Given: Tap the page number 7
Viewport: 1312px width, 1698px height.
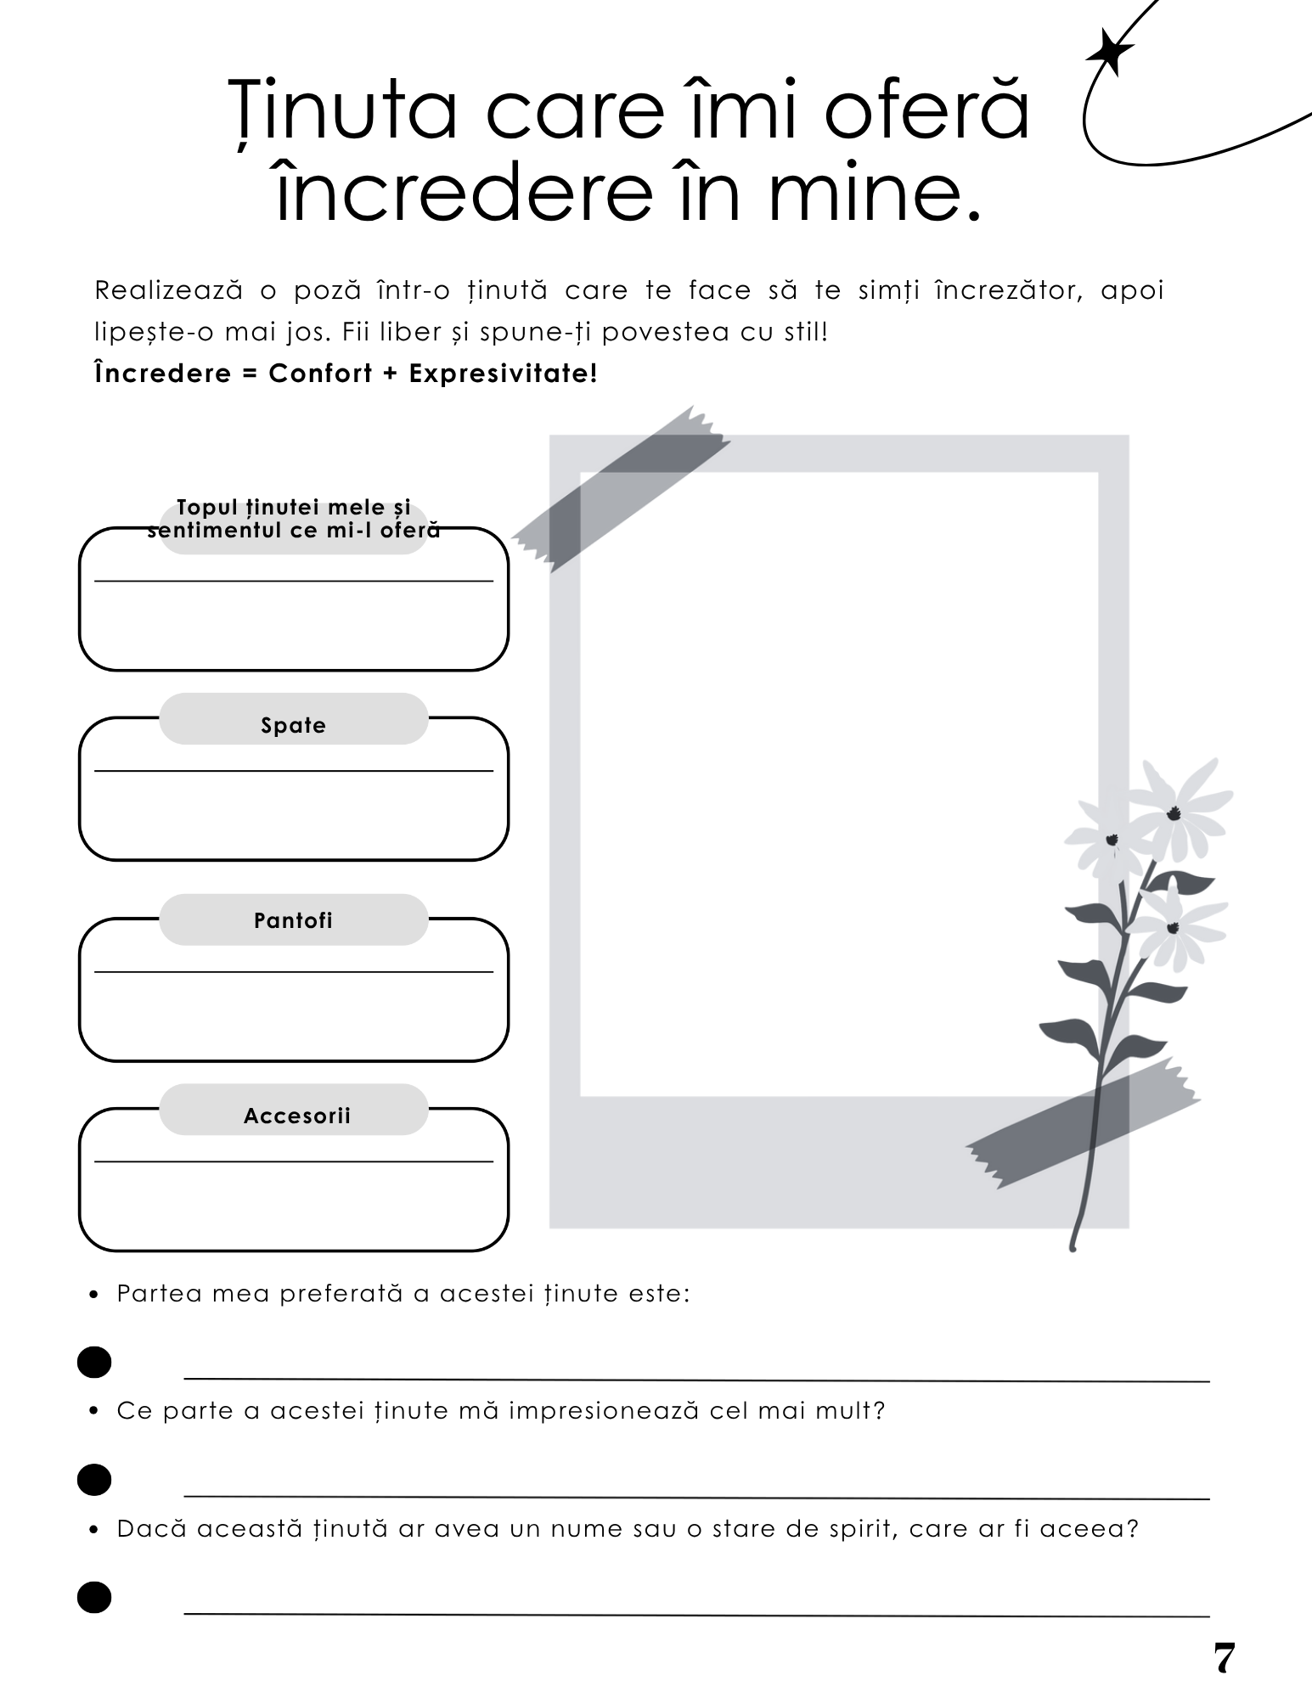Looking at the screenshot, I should (x=1223, y=1658).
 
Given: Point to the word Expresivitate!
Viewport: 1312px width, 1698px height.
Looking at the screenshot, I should (x=504, y=374).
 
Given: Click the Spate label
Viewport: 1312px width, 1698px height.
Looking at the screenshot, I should (x=293, y=725).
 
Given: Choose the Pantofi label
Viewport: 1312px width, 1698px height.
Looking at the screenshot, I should (x=293, y=920).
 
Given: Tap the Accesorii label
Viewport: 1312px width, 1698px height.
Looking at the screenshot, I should (x=296, y=1116).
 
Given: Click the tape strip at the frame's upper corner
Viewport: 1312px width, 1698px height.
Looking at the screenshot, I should (x=621, y=487).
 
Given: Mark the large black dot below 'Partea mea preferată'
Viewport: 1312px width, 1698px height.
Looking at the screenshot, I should (x=94, y=1362).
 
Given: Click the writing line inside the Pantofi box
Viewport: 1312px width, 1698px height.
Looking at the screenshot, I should (x=293, y=971).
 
